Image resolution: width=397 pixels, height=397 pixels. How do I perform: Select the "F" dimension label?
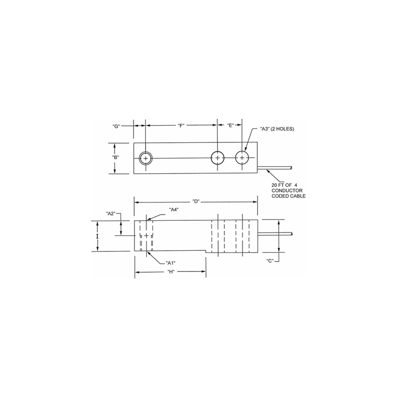tap(181, 126)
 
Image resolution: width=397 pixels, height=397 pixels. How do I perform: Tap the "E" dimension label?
tap(230, 126)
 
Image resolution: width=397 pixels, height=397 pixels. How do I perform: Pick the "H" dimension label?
tap(170, 272)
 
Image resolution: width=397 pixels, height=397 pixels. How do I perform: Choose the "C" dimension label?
tap(270, 261)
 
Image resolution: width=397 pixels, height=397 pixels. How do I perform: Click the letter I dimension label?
tap(97, 237)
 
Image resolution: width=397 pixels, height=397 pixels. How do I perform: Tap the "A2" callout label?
tap(111, 213)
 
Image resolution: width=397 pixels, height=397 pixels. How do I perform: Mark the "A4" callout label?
tap(174, 209)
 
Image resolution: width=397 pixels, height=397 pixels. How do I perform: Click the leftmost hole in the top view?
tap(145, 158)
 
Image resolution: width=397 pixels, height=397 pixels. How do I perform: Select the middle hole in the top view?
tap(217, 158)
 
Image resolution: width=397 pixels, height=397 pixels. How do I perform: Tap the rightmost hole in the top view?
tap(242, 158)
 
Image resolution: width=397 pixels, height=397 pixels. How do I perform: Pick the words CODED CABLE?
tap(288, 197)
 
